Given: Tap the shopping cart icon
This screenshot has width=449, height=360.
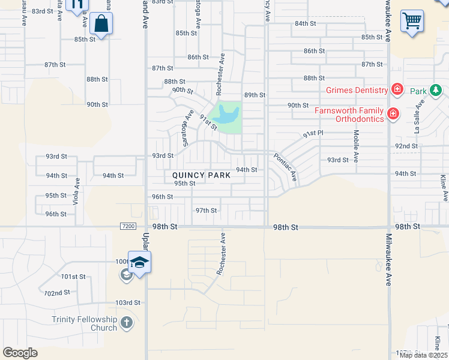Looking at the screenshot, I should (412, 21).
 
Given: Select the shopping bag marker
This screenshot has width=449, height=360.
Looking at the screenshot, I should (101, 25).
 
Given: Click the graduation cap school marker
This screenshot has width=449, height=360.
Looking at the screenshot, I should (139, 263).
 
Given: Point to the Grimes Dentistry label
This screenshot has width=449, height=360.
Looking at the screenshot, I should (357, 90).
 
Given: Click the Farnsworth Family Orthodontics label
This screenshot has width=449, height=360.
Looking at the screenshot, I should (351, 114).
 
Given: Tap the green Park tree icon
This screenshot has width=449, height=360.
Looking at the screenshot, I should (435, 91).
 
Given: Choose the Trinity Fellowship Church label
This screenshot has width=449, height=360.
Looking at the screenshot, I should (85, 323).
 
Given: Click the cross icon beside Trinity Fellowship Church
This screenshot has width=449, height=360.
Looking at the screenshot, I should (126, 323).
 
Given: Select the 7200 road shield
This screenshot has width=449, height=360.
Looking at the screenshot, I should (128, 226).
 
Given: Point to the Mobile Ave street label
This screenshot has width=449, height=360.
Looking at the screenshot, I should (356, 147).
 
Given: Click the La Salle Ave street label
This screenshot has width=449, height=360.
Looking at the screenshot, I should (415, 116).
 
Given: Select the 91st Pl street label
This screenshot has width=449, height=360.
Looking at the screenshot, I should (313, 134).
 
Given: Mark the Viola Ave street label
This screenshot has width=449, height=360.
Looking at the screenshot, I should (77, 191).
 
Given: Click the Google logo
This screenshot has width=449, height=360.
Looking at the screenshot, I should (20, 353).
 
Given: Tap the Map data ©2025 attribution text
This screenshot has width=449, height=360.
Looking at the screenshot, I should (423, 355).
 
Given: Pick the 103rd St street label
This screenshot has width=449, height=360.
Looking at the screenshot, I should (127, 302).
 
